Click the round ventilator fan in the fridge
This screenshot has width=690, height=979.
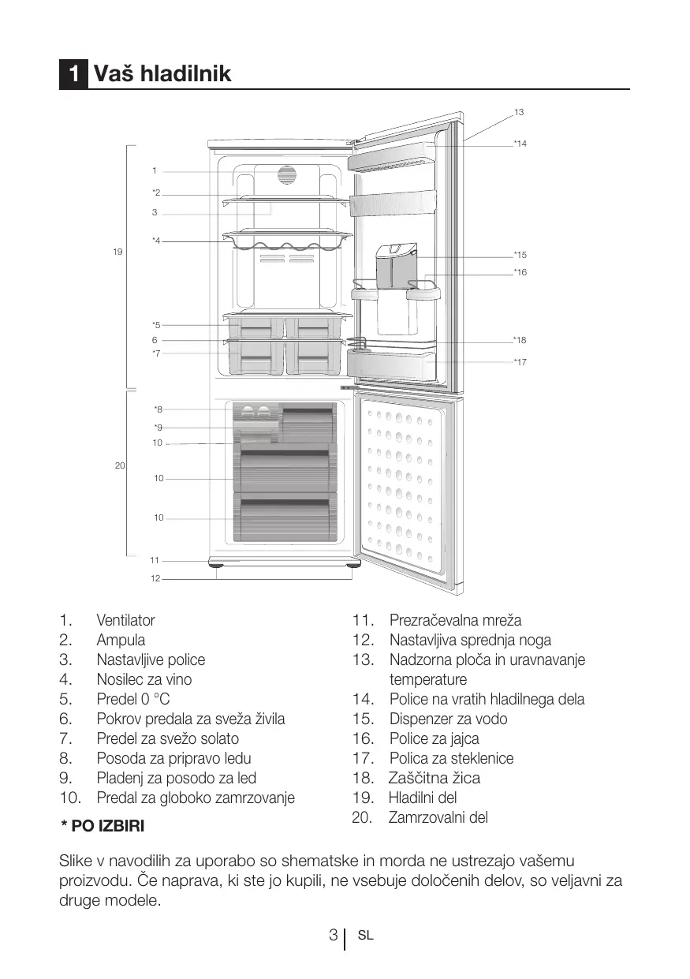click(285, 175)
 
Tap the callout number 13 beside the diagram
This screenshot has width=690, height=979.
click(518, 113)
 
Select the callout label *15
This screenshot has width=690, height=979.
click(520, 255)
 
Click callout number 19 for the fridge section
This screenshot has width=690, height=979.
click(117, 252)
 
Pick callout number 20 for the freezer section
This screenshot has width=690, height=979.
click(120, 466)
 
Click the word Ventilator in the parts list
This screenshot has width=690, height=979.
click(125, 621)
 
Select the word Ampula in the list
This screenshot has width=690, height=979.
click(121, 641)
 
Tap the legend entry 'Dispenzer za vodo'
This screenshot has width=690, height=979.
click(448, 719)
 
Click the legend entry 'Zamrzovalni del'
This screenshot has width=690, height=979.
click(438, 817)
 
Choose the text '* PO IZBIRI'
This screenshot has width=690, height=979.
click(103, 827)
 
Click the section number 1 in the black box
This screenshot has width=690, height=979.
click(73, 74)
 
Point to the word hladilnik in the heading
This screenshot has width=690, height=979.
click(185, 74)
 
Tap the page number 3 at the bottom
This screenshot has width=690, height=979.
click(334, 936)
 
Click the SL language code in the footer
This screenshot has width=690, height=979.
click(365, 936)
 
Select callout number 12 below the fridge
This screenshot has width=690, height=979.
click(155, 579)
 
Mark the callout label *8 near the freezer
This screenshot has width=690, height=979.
click(158, 409)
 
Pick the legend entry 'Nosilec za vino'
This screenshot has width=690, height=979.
click(144, 679)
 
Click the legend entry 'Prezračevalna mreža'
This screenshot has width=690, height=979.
click(455, 621)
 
